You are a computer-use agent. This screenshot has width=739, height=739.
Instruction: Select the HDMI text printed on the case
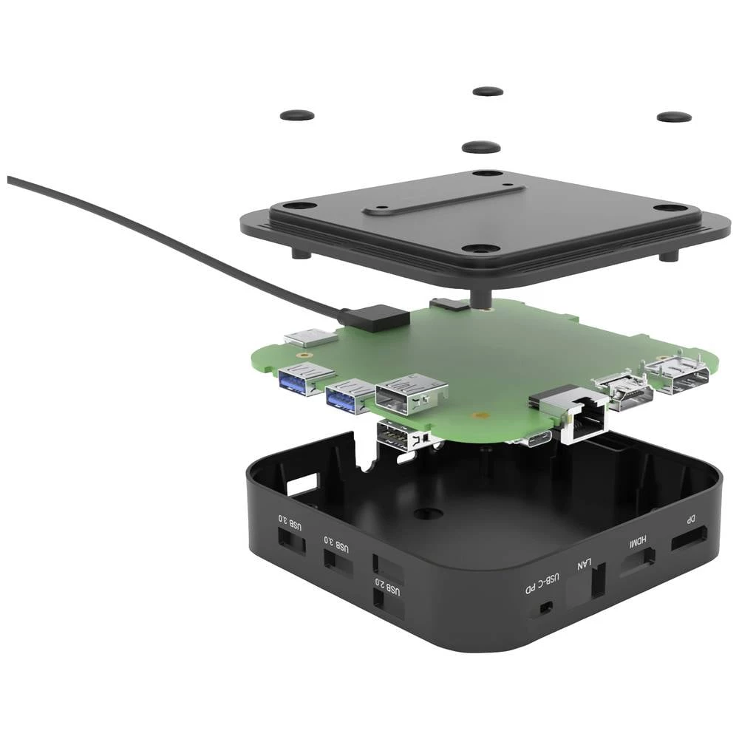[x=637, y=542]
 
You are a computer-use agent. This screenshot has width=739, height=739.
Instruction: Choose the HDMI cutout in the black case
[x=636, y=565]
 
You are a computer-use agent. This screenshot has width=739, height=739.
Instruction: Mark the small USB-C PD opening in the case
[x=545, y=607]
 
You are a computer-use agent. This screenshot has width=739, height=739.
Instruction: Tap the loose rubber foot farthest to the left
[x=297, y=115]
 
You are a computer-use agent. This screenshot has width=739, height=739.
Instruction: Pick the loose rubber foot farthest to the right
[x=674, y=117]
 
